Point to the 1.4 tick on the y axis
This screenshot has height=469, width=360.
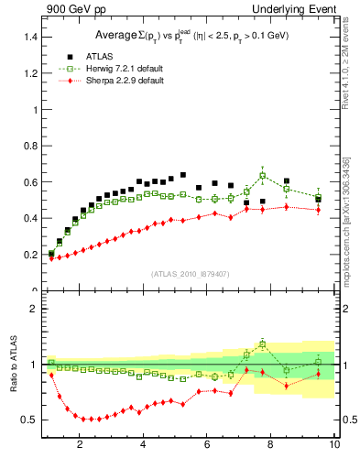point(27,38)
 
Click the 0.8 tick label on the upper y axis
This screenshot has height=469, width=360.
point(27,146)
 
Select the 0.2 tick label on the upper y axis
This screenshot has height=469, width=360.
point(27,255)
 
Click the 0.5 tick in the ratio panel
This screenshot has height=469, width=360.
point(27,420)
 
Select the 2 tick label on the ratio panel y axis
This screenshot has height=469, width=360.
point(32,309)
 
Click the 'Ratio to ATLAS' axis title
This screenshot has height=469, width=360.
point(12,365)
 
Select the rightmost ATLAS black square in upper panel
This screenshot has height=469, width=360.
point(318,198)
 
